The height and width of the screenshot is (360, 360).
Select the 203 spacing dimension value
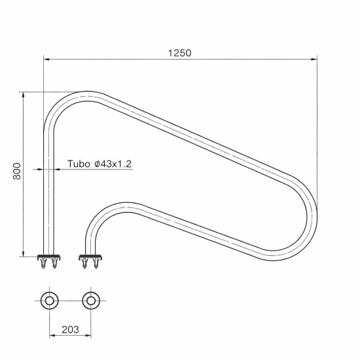click(70, 330)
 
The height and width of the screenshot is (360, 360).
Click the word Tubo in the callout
click(78, 164)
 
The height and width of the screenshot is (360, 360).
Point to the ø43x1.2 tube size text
click(113, 164)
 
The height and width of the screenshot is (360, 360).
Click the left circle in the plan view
click(49, 301)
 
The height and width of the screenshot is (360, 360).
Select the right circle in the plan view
click(91, 301)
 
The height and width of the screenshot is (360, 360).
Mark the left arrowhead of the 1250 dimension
click(46, 59)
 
